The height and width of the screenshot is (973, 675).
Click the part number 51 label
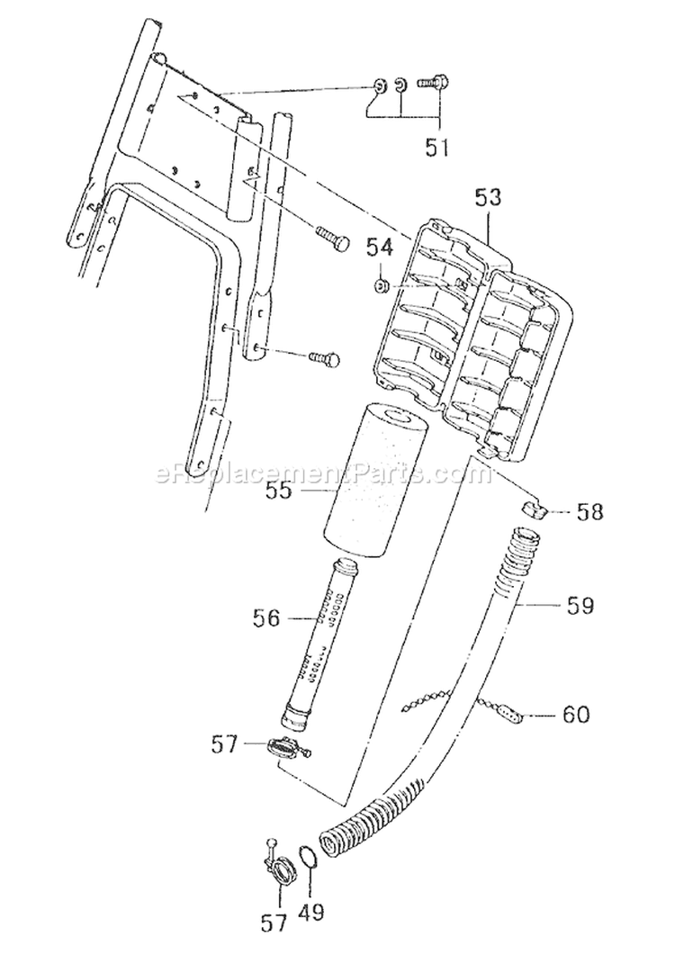tap(437, 147)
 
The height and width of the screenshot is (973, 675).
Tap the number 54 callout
tap(382, 245)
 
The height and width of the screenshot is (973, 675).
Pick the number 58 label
tap(590, 512)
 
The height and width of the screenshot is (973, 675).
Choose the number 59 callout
tap(580, 605)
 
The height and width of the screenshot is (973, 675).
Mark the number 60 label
tap(575, 716)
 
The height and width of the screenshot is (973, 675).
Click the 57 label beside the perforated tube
tap(224, 744)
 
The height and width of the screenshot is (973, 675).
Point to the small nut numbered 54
tap(382, 286)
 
